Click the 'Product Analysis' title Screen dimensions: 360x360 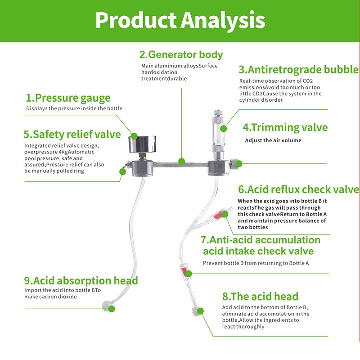point(180,20)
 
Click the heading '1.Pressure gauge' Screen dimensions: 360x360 point(68,98)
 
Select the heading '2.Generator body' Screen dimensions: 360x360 point(181,55)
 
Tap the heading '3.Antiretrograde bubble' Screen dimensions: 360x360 point(299,70)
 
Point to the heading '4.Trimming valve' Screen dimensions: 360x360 point(285,127)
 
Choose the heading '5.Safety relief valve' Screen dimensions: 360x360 point(72,135)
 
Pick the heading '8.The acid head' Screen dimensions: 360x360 point(260,297)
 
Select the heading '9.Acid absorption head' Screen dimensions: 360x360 point(81,281)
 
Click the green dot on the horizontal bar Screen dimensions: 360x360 point(181,161)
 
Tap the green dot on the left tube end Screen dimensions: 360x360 point(112,309)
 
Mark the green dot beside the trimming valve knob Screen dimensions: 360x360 point(239,164)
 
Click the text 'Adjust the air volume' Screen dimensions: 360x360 point(273,140)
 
